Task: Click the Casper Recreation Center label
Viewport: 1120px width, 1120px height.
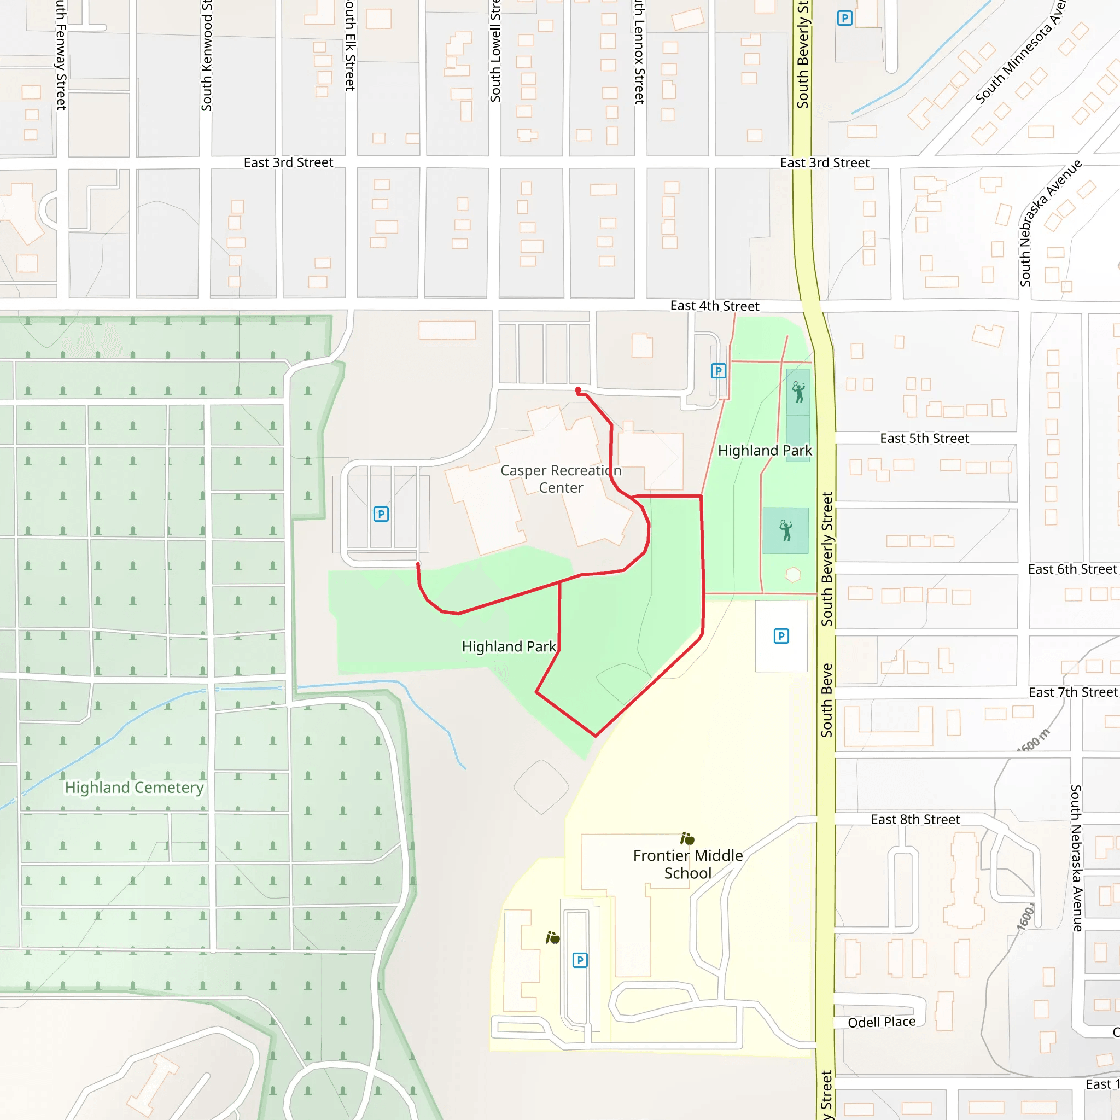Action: (561, 479)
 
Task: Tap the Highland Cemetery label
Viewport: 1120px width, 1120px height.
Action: (134, 787)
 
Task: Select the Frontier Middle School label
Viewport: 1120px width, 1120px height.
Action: (687, 865)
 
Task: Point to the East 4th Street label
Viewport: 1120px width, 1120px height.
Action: (714, 306)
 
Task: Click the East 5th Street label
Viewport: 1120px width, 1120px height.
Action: (924, 438)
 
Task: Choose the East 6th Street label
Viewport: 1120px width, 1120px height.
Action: (1072, 569)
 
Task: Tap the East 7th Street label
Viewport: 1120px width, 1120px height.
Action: (1072, 692)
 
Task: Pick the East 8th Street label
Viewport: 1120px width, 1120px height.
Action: (915, 819)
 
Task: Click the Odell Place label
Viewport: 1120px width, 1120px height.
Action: (881, 1022)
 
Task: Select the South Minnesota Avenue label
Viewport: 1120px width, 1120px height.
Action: (1020, 52)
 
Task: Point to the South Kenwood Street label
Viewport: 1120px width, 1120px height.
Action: (207, 56)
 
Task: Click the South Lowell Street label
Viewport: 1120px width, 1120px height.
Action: (495, 52)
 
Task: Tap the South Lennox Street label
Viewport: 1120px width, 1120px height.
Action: (639, 52)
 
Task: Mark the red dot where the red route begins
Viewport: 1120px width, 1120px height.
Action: (578, 390)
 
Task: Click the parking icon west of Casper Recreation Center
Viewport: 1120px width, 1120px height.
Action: (381, 514)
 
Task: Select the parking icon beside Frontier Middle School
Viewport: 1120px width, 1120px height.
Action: (580, 960)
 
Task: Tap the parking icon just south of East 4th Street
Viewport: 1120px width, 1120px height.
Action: (718, 370)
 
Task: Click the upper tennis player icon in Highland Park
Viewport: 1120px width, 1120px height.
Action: (798, 392)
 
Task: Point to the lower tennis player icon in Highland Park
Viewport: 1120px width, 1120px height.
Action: (785, 530)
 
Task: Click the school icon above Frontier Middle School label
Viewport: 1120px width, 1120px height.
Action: (687, 839)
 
